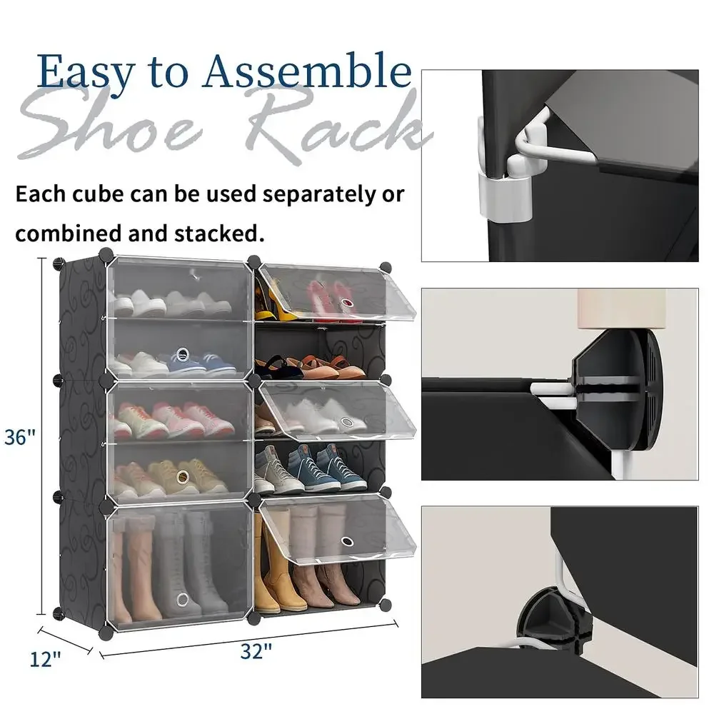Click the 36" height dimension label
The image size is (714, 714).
click(19, 437)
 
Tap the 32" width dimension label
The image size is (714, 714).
click(256, 652)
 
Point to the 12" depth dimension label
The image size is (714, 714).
click(45, 659)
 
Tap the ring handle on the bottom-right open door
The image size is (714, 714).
click(348, 541)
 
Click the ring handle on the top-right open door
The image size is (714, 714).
click(347, 303)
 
